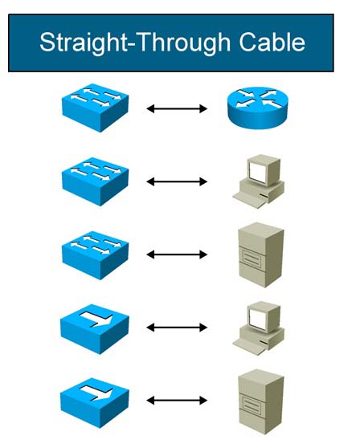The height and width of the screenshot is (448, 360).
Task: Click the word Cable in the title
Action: click(x=272, y=42)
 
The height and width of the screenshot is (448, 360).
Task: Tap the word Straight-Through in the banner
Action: click(x=135, y=43)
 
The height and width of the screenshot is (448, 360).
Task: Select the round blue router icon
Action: click(x=258, y=108)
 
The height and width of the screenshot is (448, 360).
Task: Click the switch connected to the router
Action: click(x=95, y=108)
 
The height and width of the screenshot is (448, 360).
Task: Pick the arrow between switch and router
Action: click(x=177, y=108)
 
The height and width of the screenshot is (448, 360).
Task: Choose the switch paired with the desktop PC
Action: click(x=95, y=181)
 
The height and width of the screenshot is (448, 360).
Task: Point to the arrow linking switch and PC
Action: click(x=177, y=181)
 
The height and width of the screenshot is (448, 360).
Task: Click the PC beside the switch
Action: click(x=259, y=181)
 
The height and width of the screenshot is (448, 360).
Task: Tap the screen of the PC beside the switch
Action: click(x=257, y=171)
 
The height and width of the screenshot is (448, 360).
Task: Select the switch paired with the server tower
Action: click(x=95, y=255)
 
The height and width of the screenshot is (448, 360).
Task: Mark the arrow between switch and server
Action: click(x=177, y=255)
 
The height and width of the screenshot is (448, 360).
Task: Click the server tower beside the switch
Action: click(x=261, y=255)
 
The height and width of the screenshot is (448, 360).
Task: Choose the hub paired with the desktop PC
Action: click(x=95, y=329)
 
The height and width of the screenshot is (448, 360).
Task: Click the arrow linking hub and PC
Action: click(x=177, y=328)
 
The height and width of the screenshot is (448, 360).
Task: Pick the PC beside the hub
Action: click(x=259, y=328)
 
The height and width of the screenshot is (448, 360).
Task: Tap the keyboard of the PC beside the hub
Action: click(x=249, y=346)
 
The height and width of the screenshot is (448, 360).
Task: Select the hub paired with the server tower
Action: click(x=95, y=402)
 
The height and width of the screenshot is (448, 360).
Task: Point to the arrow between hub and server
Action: click(x=177, y=401)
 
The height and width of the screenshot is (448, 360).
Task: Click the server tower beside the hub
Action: click(x=261, y=401)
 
